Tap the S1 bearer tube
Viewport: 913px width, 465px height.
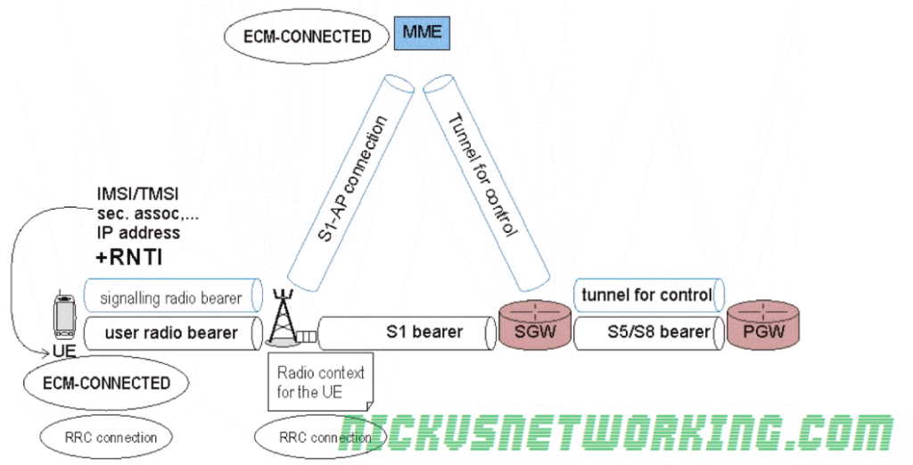pos(406,333)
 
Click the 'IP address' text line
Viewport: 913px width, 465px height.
pos(137,233)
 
